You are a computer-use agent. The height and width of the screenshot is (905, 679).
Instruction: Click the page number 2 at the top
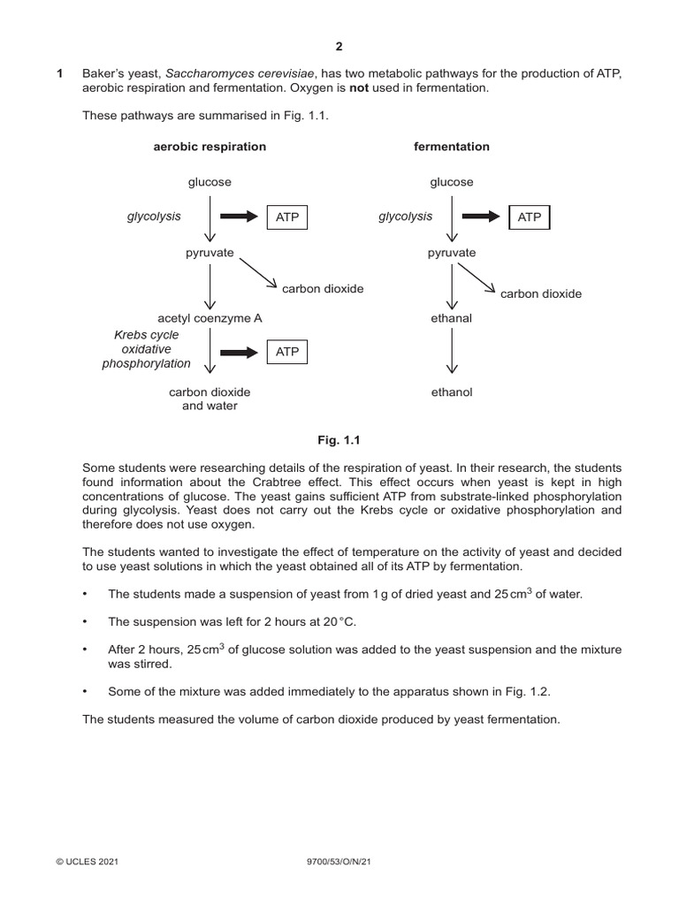tap(339, 47)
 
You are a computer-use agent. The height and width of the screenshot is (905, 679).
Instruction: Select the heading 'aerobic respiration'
tap(210, 147)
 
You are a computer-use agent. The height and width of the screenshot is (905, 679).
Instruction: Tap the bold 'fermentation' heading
tap(451, 147)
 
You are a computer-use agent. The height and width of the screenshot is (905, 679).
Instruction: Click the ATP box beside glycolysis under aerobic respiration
tap(287, 217)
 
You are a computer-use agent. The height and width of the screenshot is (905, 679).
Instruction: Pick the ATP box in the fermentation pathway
tap(529, 217)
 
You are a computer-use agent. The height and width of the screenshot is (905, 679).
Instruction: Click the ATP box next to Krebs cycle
tap(287, 352)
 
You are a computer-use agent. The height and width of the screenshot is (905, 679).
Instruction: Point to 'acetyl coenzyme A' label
tap(210, 318)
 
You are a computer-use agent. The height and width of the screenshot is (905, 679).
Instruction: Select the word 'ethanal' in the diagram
tap(451, 318)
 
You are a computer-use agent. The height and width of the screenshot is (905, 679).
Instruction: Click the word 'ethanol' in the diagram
tap(451, 392)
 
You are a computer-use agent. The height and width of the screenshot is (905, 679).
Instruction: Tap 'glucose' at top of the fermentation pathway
tap(451, 182)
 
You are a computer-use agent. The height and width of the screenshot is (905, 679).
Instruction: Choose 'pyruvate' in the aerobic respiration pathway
tap(210, 253)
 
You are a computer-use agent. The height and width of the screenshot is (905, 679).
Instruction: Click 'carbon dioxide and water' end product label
tap(210, 399)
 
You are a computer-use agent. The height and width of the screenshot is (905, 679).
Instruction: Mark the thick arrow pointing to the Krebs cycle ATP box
tap(239, 352)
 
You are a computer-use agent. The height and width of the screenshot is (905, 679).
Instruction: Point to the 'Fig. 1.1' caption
tap(339, 439)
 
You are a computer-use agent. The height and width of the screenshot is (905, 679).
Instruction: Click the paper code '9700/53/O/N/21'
tap(339, 860)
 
